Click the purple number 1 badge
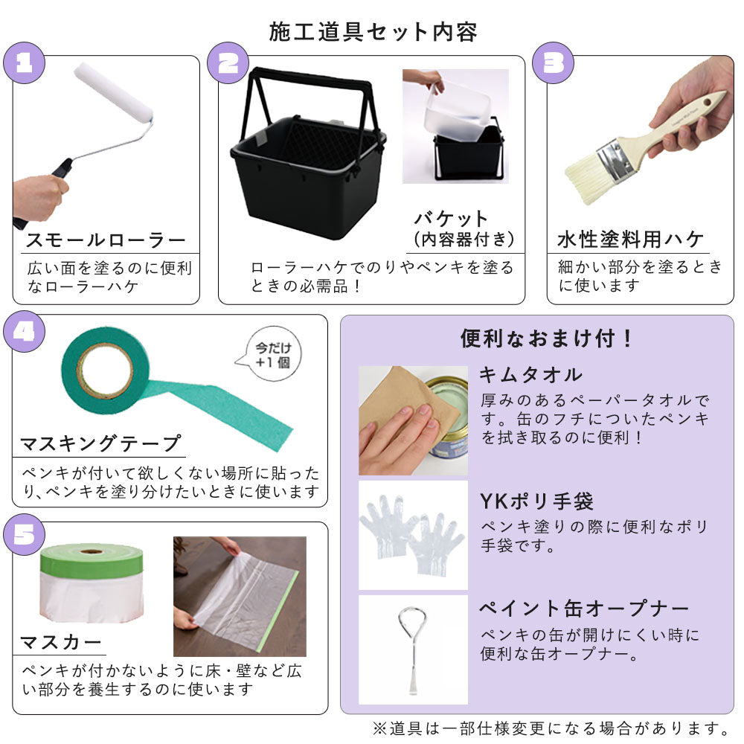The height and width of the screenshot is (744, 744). coord(25,62)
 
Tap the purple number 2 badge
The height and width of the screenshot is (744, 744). coord(228,62)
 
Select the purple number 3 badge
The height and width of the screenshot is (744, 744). coord(554,62)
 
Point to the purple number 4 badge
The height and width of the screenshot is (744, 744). coord(25,331)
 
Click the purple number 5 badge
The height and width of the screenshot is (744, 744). coord(25,535)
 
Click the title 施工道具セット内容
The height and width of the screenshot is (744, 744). coord(373,32)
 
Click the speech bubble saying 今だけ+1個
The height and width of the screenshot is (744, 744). coord(271,354)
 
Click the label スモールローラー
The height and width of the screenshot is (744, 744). coord(106,240)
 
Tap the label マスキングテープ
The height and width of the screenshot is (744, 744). coord(100,443)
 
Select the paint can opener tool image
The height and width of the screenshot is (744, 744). coord(413,650)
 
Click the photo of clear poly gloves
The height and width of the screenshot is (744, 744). coord(413,535)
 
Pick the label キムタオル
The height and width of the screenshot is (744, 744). coord(531,375)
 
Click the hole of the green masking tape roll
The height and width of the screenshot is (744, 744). coord(105,371)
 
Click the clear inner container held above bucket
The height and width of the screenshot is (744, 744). coord(457,112)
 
